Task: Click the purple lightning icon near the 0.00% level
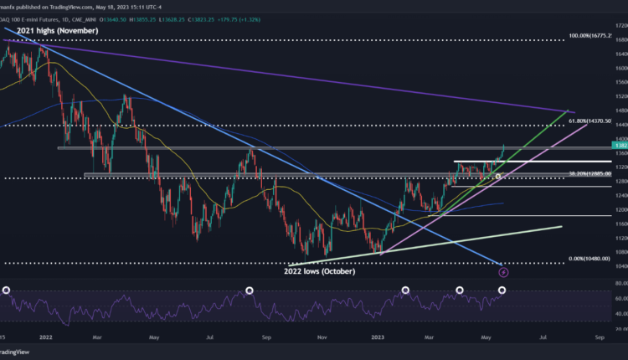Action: point(504,271)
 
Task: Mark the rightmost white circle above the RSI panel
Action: point(502,291)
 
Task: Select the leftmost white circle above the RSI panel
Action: point(7,291)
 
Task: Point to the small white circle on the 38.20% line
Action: point(498,177)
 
